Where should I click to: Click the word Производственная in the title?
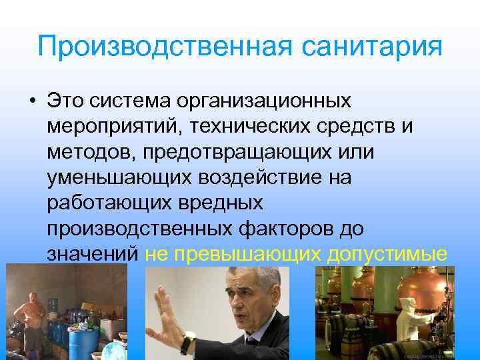tap(157, 47)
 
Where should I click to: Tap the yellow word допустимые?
tap(387, 253)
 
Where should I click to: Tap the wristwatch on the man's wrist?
tap(187, 344)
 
